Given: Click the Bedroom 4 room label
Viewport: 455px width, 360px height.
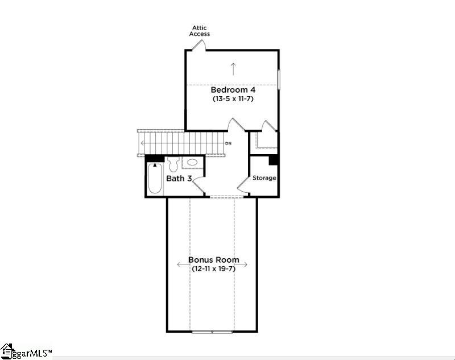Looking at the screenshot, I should [x=233, y=90].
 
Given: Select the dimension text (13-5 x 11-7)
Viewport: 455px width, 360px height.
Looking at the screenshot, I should [x=233, y=99].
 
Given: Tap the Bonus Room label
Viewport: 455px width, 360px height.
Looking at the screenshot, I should [x=214, y=260].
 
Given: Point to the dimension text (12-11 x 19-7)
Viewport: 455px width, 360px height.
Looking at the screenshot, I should [x=213, y=268].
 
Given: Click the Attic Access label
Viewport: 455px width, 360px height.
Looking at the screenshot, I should [x=200, y=31].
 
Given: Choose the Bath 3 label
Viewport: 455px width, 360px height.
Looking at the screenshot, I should [x=178, y=179].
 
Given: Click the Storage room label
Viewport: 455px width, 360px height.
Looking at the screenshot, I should [x=264, y=178].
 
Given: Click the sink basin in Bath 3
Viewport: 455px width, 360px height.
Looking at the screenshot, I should [x=193, y=163].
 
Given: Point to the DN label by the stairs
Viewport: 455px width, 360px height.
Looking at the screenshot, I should [x=228, y=144].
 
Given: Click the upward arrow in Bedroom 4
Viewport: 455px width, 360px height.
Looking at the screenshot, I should [x=233, y=68].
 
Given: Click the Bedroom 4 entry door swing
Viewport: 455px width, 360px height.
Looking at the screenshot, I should [x=234, y=125].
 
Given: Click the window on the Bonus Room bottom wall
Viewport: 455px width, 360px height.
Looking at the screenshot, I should [x=212, y=331].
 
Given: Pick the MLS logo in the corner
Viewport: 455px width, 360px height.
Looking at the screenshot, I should [x=26, y=352].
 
